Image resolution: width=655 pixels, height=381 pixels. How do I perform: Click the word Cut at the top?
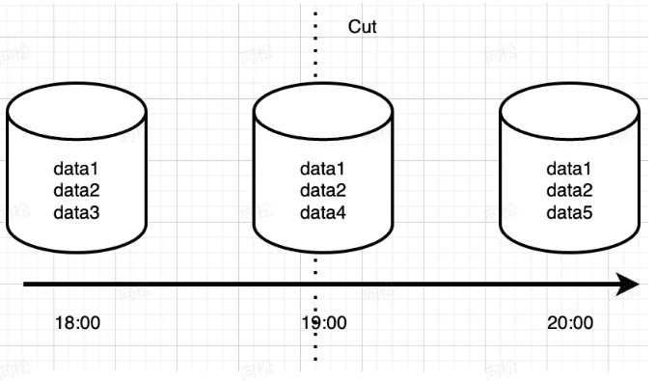click(362, 27)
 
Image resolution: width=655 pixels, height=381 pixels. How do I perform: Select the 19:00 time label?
click(323, 322)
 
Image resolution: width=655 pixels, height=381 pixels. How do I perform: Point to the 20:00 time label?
click(570, 322)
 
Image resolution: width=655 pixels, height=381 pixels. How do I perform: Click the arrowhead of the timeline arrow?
click(628, 285)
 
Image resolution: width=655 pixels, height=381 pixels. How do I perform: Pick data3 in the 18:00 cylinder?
click(76, 211)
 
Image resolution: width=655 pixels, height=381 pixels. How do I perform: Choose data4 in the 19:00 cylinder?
click(323, 211)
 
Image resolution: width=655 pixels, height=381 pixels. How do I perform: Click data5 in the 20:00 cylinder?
click(570, 211)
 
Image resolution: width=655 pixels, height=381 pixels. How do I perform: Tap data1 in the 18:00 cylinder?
click(76, 169)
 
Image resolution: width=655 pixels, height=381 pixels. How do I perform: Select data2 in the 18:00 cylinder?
click(76, 190)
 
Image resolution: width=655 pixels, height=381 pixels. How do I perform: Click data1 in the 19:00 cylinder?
click(323, 169)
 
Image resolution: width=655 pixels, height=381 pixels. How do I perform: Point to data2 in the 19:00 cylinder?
click(323, 190)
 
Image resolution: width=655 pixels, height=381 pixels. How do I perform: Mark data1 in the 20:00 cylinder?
click(570, 169)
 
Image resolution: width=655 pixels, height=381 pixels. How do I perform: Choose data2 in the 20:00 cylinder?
click(570, 190)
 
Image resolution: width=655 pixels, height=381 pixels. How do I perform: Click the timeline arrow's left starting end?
click(27, 285)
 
